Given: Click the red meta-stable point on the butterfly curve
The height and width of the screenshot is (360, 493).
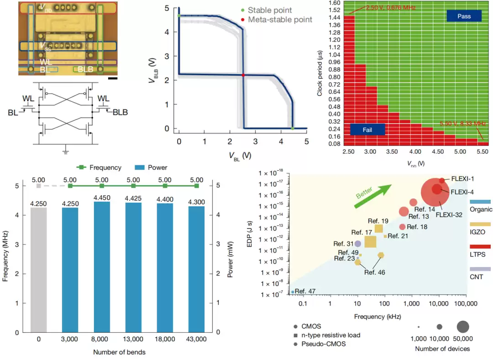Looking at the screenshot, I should click(243, 75).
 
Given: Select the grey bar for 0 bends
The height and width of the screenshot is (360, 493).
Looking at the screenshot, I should click(39, 269).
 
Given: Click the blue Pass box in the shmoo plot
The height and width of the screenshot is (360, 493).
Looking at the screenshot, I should click(464, 16).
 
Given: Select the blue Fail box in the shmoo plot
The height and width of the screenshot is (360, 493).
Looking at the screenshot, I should click(367, 130).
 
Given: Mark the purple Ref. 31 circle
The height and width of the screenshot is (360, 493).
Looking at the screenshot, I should click(358, 244).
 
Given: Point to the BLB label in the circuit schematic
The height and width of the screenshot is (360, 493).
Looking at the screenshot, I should click(120, 112).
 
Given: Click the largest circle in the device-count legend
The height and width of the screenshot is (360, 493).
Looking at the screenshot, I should click(462, 327).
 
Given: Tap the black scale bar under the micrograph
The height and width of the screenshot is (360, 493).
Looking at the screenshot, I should click(114, 78).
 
